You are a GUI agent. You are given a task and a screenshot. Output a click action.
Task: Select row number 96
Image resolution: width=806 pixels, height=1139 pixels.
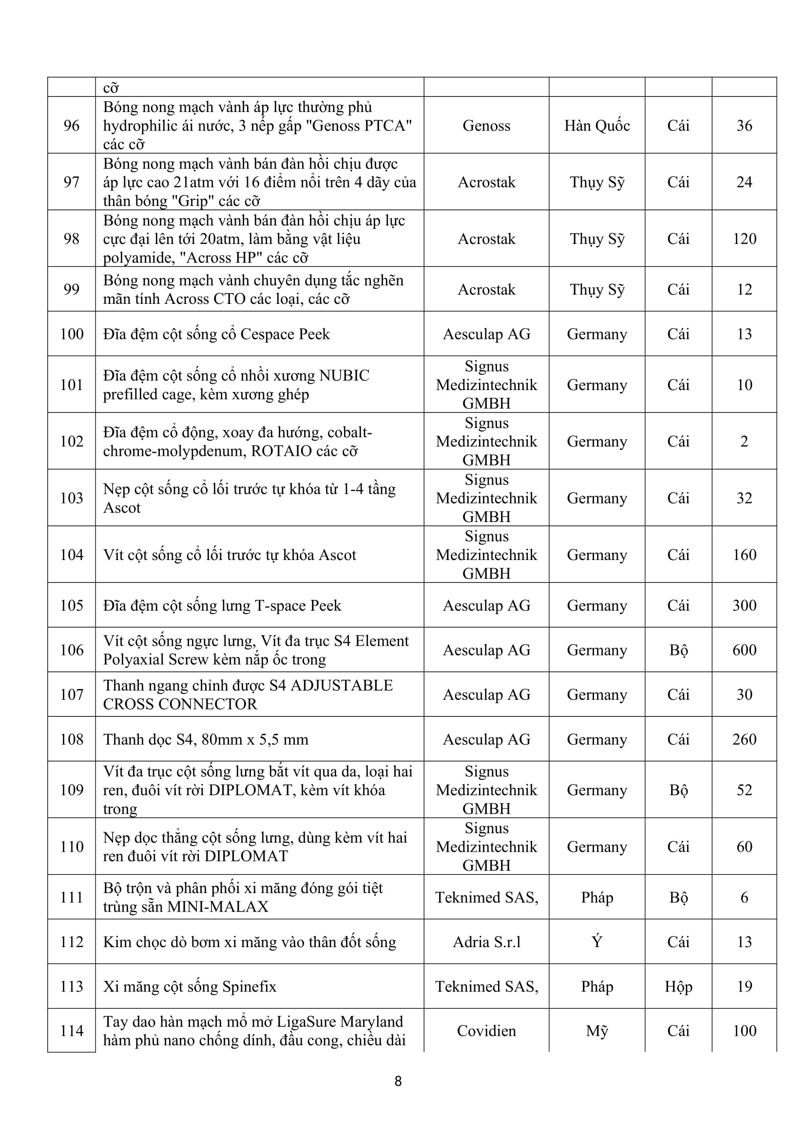pyautogui.click(x=72, y=126)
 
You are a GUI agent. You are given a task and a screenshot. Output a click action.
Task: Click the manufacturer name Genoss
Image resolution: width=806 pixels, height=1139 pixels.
pyautogui.click(x=486, y=126)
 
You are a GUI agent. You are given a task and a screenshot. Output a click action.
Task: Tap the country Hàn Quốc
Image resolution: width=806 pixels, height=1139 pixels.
pyautogui.click(x=596, y=126)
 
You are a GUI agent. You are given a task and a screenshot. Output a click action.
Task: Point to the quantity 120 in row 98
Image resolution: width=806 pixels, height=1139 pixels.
pyautogui.click(x=744, y=239)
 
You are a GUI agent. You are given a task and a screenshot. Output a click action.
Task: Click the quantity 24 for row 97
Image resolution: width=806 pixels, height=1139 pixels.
pyautogui.click(x=744, y=182)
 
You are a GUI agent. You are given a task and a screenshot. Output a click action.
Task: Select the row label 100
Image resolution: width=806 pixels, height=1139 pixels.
pyautogui.click(x=72, y=334)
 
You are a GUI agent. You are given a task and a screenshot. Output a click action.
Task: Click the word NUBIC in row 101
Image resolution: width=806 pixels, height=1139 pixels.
pyautogui.click(x=344, y=375)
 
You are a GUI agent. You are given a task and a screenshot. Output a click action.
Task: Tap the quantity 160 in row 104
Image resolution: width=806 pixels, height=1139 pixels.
pyautogui.click(x=744, y=555)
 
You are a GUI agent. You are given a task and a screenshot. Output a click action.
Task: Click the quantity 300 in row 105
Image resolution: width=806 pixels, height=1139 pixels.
pyautogui.click(x=744, y=605)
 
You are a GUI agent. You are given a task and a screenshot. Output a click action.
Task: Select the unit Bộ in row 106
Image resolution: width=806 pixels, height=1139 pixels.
pyautogui.click(x=678, y=650)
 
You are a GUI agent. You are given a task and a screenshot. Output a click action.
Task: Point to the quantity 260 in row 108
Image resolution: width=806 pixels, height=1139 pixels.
pyautogui.click(x=744, y=739)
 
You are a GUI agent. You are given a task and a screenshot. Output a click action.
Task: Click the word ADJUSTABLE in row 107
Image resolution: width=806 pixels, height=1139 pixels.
pyautogui.click(x=342, y=685)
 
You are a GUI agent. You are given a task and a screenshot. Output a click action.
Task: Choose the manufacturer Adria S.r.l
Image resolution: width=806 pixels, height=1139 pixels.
pyautogui.click(x=486, y=942)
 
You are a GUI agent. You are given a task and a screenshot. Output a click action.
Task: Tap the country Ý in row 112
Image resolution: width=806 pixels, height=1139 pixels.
pyautogui.click(x=596, y=942)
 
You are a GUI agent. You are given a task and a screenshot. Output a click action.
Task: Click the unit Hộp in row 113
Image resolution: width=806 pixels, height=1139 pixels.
pyautogui.click(x=678, y=986)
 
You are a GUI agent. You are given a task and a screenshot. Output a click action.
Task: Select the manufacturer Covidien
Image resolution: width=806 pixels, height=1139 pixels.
pyautogui.click(x=486, y=1031)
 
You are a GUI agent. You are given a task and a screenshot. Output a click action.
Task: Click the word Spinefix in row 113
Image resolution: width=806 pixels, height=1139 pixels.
pyautogui.click(x=249, y=986)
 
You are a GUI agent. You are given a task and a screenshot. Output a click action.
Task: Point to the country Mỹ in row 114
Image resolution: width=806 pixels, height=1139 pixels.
pyautogui.click(x=596, y=1031)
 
